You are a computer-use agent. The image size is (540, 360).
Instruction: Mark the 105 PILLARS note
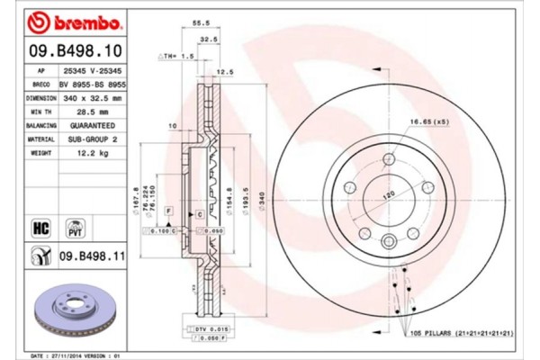click(x=463, y=332)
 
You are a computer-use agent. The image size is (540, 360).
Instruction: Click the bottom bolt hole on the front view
click(x=389, y=240)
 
